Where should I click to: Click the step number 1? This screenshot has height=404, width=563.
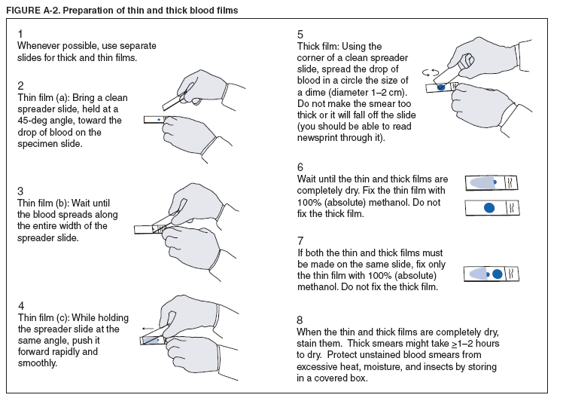[20, 34]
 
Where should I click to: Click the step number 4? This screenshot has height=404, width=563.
[21, 306]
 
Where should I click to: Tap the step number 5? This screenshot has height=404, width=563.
[300, 34]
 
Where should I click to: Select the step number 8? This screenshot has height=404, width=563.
[300, 320]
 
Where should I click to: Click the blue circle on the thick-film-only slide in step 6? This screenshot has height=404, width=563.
[489, 207]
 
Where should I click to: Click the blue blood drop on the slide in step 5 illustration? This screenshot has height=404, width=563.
[442, 87]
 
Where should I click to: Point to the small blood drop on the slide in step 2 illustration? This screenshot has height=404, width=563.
[160, 118]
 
